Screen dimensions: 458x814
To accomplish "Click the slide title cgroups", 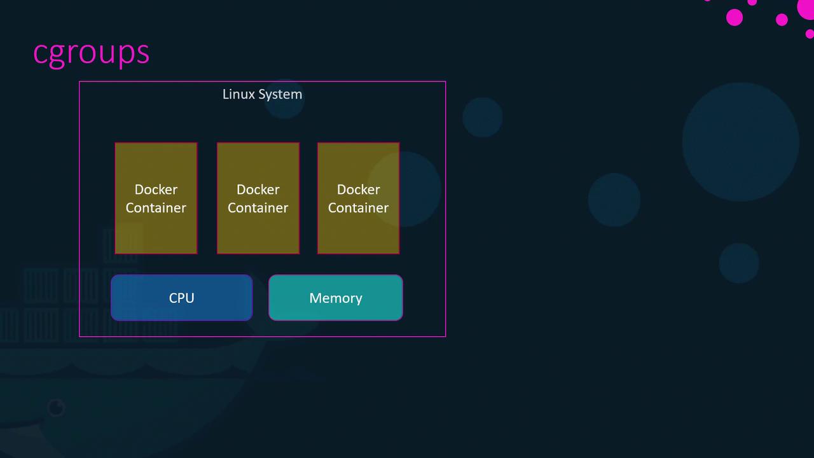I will click(x=91, y=52).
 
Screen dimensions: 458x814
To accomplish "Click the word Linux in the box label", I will click(x=237, y=94).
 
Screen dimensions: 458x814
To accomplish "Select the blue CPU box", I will click(x=182, y=298).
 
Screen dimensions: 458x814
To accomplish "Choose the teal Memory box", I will click(x=336, y=298).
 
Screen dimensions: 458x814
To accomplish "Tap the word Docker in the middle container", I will click(x=258, y=190).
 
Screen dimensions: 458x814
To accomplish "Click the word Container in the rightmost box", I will click(x=359, y=208).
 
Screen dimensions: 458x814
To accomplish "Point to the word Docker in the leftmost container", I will click(x=156, y=190).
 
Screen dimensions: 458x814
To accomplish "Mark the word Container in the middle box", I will click(x=258, y=208).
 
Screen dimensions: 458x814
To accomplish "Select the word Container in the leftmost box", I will click(x=156, y=208).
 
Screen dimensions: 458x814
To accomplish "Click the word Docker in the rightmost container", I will click(x=359, y=190).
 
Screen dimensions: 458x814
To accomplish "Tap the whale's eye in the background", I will click(x=56, y=407).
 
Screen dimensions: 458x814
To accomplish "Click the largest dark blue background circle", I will click(x=740, y=142).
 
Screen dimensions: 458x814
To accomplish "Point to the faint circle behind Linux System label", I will click(x=284, y=99).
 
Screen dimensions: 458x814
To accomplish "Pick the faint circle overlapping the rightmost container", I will click(x=404, y=189).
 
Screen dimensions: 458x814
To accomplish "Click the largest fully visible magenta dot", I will click(x=735, y=17).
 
